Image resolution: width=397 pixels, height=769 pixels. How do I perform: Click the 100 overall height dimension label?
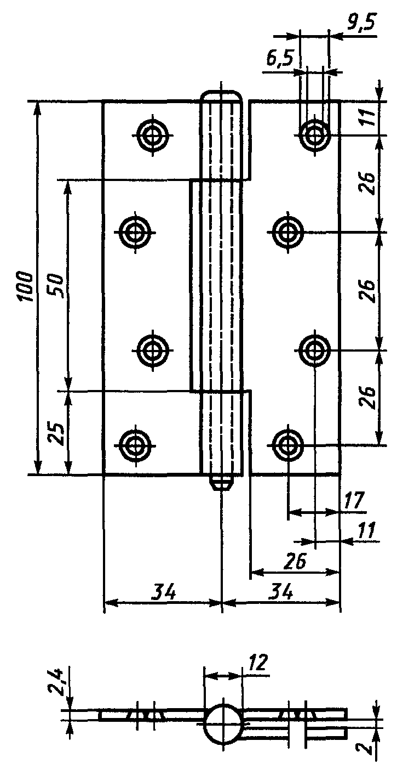tap(26, 287)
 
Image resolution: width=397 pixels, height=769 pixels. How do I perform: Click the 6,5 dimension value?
tap(280, 60)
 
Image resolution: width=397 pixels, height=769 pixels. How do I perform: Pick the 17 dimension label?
tap(353, 501)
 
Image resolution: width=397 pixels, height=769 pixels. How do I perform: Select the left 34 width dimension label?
tap(164, 592)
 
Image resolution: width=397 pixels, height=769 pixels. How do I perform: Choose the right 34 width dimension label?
tap(281, 592)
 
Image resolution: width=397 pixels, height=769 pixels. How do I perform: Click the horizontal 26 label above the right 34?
tap(295, 561)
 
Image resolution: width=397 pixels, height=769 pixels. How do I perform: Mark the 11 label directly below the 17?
tap(365, 530)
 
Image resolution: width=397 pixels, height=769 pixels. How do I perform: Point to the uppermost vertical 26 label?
tap(367, 183)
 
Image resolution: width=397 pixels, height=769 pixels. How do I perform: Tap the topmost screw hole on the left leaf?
tap(153, 135)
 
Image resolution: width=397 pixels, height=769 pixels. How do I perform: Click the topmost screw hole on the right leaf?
tap(314, 135)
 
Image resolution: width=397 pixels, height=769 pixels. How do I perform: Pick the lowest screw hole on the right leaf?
tap(287, 445)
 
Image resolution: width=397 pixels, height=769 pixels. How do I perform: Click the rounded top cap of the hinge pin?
tap(222, 97)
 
